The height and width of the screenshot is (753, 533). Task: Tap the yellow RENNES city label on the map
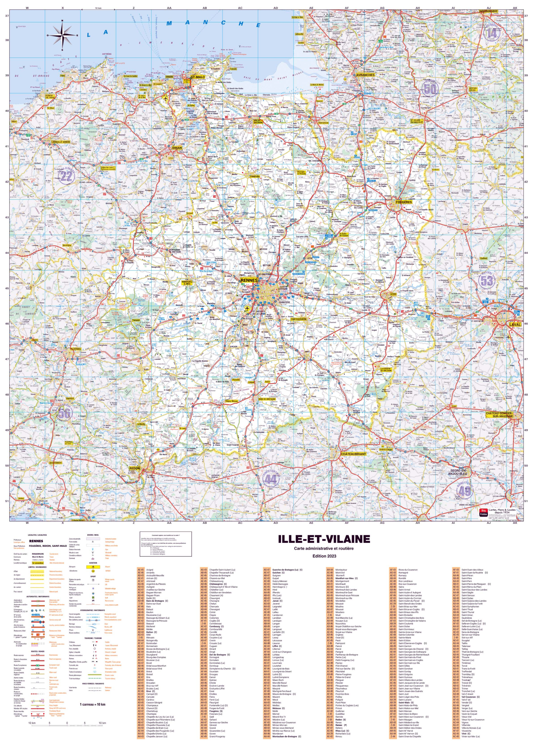[249, 280]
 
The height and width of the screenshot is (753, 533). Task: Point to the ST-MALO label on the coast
[197, 77]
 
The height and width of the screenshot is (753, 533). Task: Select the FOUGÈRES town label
[404, 202]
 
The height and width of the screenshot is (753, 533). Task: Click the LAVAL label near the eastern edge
[515, 324]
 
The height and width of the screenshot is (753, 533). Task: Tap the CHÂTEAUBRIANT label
[353, 454]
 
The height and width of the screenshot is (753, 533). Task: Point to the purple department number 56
[64, 413]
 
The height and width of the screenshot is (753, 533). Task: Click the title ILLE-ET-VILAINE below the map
[324, 539]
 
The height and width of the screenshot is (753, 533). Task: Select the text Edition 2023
[324, 556]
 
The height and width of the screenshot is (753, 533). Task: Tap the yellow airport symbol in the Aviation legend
[93, 567]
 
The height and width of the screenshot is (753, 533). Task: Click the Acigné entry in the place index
[150, 570]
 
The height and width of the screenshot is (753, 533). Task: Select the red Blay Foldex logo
[483, 513]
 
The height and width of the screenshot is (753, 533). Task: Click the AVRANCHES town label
[365, 75]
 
